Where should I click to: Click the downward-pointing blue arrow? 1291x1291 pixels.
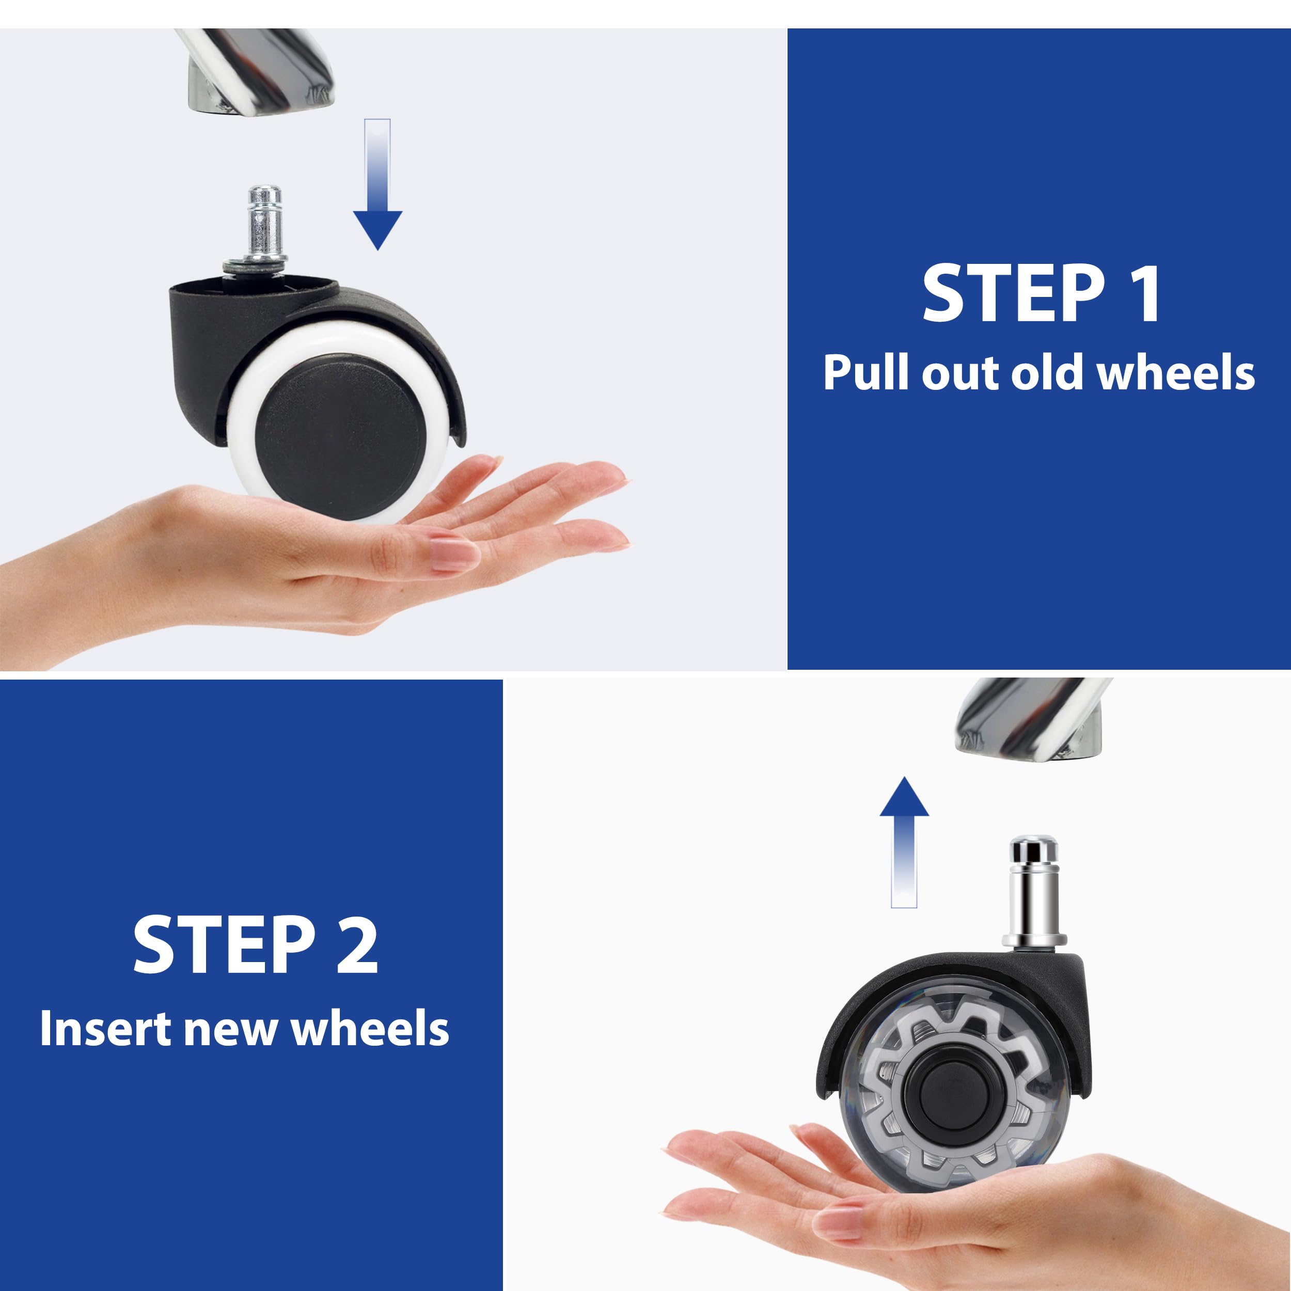[377, 184]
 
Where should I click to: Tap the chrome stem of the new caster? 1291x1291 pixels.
[1033, 892]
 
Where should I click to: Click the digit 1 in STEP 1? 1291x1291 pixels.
[1143, 293]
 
